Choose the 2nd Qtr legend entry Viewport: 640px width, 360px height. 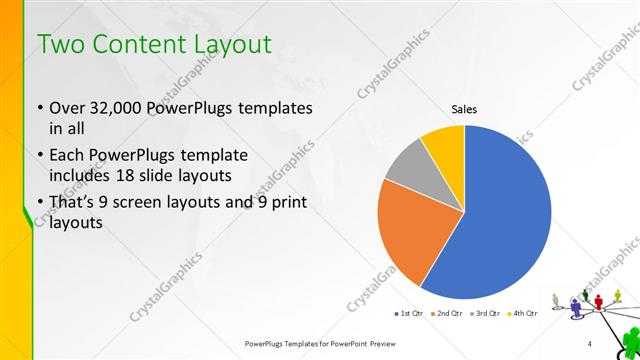click(445, 313)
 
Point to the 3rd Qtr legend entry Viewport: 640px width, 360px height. click(485, 313)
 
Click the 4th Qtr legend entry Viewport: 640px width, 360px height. click(523, 313)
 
